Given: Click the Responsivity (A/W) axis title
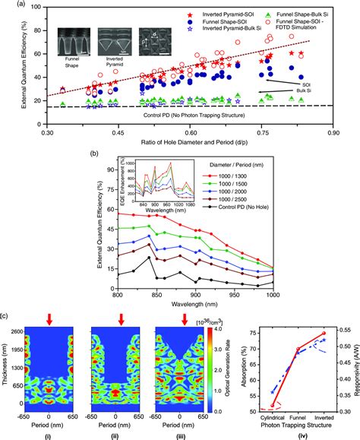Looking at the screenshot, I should pyautogui.click(x=355, y=371).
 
